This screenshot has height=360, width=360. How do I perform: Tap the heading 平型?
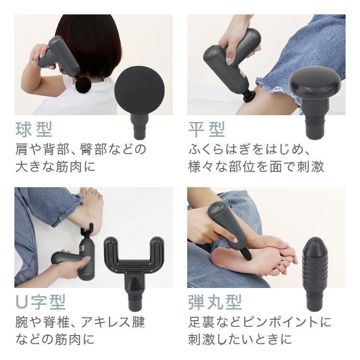206,129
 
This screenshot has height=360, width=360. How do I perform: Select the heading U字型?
40,302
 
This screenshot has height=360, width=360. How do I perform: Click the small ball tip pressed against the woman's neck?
83,85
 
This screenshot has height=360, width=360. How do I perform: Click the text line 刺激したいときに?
240,339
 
